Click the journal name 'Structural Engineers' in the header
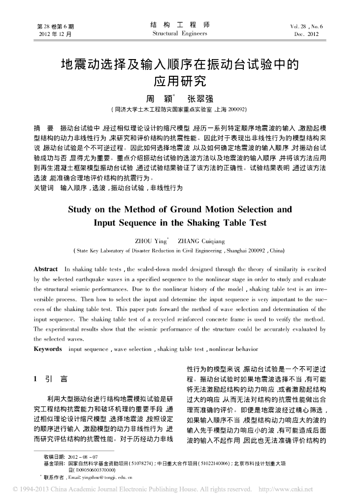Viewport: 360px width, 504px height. tap(180, 33)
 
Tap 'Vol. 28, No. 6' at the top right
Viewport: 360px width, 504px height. tap(306, 26)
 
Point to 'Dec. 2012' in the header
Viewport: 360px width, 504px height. tap(306, 34)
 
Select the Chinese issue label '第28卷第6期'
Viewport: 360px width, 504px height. tap(55, 26)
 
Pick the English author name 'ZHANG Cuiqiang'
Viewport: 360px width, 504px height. tap(201, 241)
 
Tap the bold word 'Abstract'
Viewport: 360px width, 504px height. tap(45, 269)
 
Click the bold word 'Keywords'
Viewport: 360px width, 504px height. tap(47, 349)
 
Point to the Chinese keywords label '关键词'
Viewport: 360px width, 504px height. tap(43, 188)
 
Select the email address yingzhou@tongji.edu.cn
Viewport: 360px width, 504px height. tap(106, 477)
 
